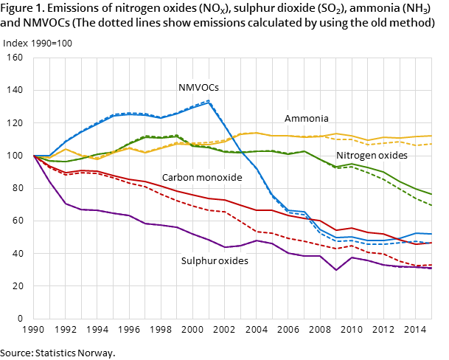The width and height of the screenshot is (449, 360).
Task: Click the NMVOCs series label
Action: click(x=198, y=87)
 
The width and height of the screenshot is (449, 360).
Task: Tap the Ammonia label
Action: click(x=307, y=118)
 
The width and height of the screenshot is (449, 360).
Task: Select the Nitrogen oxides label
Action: click(x=372, y=156)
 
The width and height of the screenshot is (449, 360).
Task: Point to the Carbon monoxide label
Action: click(x=202, y=178)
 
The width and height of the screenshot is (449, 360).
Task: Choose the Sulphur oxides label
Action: click(x=215, y=260)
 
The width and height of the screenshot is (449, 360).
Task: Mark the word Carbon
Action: click(x=179, y=178)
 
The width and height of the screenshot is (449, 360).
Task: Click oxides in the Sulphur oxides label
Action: click(x=234, y=260)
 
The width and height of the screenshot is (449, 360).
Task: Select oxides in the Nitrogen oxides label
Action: click(x=393, y=156)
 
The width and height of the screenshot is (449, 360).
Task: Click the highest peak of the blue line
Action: click(x=209, y=101)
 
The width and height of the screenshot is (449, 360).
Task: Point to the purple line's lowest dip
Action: click(x=336, y=270)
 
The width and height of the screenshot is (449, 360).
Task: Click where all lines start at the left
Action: click(x=34, y=156)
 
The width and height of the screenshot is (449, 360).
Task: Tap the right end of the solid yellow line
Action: click(x=431, y=136)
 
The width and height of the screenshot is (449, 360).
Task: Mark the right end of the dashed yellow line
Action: click(x=431, y=144)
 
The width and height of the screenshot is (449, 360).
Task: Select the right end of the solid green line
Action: click(x=431, y=194)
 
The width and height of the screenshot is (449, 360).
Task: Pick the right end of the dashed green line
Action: click(x=431, y=204)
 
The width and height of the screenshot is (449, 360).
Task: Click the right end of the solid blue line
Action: click(x=431, y=234)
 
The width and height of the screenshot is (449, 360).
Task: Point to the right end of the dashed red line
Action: click(x=431, y=265)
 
